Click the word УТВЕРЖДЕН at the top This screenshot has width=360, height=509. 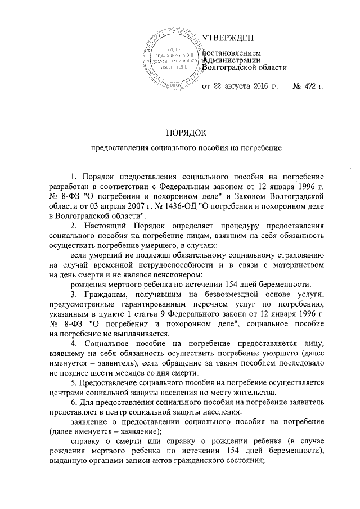point(227,38)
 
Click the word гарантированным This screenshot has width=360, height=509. point(152,304)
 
